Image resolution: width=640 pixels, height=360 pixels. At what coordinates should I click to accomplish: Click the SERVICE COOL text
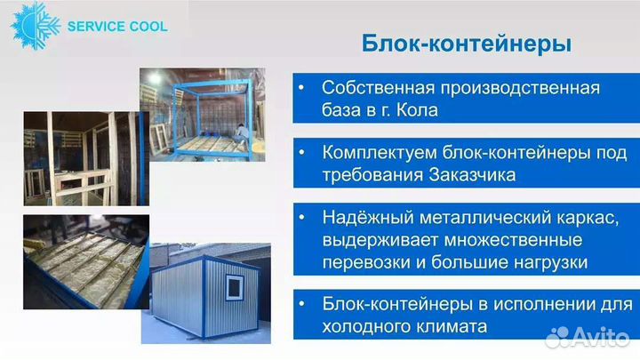point(116,26)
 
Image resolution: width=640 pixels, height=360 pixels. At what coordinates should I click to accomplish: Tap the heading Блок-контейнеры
point(466,44)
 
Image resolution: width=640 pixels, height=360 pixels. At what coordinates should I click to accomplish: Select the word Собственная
point(374,89)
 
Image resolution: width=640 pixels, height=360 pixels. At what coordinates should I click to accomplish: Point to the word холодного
point(364,326)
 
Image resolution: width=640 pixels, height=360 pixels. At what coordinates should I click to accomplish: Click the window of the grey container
point(235,287)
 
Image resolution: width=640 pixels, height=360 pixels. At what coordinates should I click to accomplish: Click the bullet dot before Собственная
point(301,89)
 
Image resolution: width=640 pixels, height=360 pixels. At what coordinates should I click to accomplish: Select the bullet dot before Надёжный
point(301,219)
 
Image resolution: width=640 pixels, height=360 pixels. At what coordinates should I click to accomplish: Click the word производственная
point(516,89)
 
